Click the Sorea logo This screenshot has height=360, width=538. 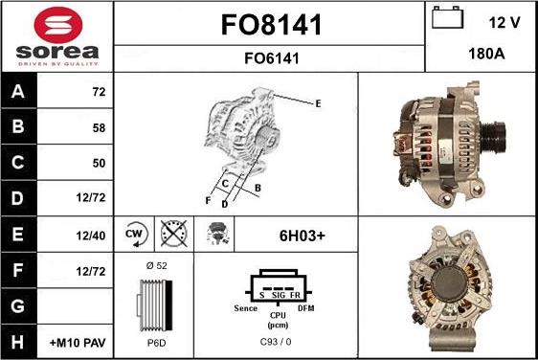pos(56,35)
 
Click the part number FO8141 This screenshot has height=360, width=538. pos(269,23)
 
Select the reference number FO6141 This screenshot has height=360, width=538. pos(269,57)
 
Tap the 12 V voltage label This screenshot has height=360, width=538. pos(502,21)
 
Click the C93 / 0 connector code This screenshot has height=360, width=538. pos(276,342)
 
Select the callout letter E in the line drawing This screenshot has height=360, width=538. pos(318,102)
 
